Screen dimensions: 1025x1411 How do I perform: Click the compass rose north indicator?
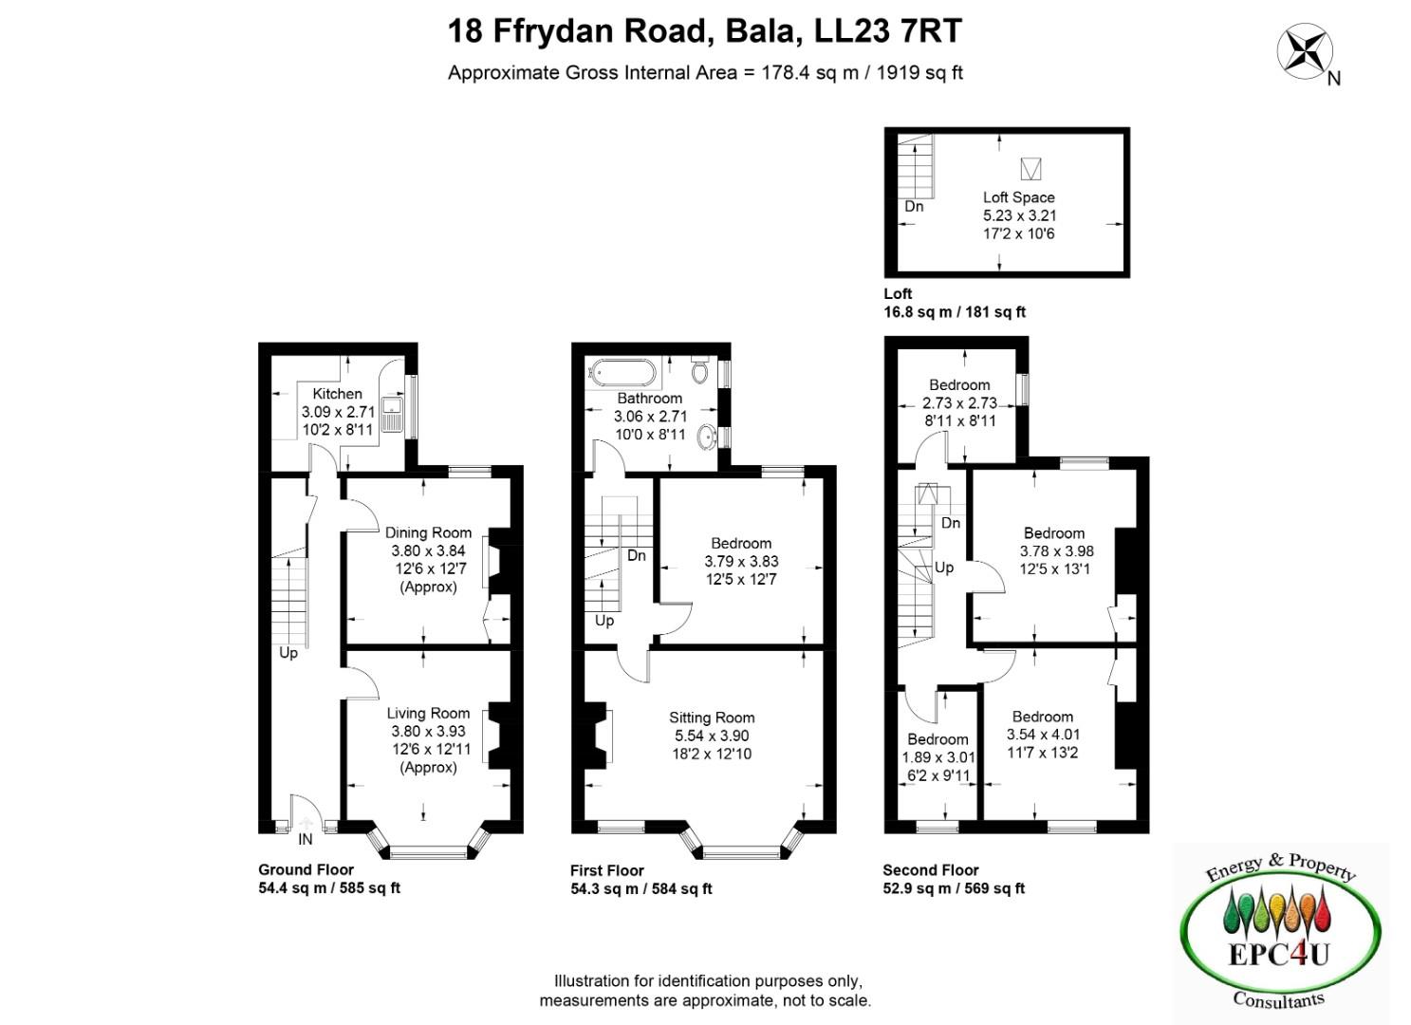[1305, 52]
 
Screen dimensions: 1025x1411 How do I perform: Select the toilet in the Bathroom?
[700, 370]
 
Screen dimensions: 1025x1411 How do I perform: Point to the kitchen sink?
[393, 414]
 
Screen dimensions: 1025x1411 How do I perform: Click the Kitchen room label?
[337, 393]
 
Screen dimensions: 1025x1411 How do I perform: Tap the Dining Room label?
[428, 532]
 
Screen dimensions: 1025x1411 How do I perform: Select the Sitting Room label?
[712, 717]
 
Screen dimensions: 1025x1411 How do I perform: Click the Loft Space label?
[1018, 197]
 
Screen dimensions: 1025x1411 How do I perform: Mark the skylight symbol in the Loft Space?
[1030, 169]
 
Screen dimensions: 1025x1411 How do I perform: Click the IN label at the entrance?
[306, 840]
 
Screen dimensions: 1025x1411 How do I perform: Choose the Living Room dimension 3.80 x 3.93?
[428, 732]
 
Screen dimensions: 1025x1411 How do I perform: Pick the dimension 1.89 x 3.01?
[938, 757]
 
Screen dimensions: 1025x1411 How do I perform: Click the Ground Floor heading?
[306, 869]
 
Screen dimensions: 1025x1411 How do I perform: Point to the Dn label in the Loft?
[914, 207]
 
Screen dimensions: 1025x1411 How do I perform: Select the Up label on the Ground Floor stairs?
[288, 653]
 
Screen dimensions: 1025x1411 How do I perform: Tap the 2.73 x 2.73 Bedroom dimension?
[959, 402]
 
